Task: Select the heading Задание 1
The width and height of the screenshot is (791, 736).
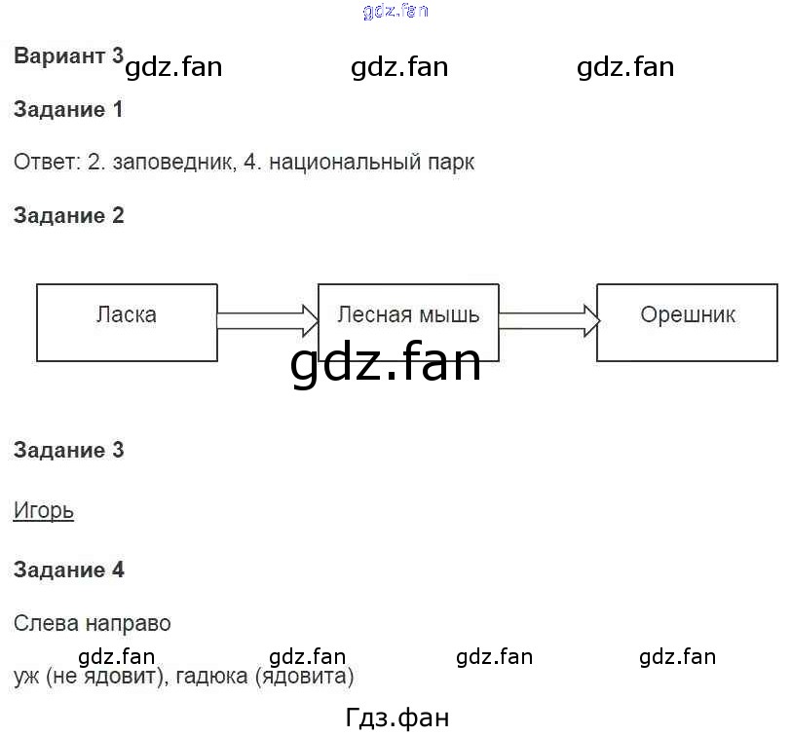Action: pos(68,110)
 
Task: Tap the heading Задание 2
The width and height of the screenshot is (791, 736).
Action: pos(68,216)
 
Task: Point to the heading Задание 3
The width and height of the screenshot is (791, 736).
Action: pos(68,451)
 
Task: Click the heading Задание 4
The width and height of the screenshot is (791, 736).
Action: pos(68,570)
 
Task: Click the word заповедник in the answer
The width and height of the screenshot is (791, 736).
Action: pos(171,163)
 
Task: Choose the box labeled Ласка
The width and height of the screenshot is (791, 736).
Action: pos(127,322)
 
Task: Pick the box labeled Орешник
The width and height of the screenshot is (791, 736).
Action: pos(688,322)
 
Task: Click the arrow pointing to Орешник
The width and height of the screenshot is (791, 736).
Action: pos(548,316)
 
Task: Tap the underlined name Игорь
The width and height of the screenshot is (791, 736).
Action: pos(44,511)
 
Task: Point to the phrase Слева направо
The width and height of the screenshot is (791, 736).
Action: pos(93,623)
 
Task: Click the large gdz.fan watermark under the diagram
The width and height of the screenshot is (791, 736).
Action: pos(386,363)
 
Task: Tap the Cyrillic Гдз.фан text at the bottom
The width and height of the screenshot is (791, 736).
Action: pos(397,718)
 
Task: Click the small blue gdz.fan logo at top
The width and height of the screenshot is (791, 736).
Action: pos(395,12)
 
